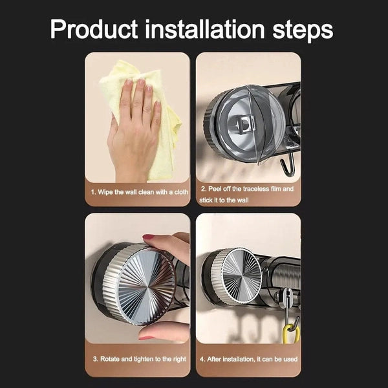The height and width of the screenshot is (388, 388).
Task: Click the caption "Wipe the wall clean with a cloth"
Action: pyautogui.click(x=140, y=193)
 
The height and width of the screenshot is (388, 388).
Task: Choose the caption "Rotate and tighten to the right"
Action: pyautogui.click(x=140, y=358)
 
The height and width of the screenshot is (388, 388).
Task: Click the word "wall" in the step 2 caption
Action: pyautogui.click(x=255, y=200)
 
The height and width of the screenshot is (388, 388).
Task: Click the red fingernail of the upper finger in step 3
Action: pyautogui.click(x=149, y=237)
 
